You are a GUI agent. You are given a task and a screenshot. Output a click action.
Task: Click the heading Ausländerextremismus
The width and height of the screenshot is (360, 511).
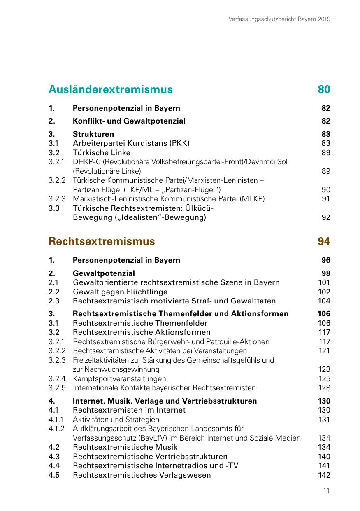click(110, 89)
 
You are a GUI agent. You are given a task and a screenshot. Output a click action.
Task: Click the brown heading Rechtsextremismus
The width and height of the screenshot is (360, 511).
click(102, 241)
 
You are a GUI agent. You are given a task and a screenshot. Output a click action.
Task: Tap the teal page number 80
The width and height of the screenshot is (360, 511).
click(324, 89)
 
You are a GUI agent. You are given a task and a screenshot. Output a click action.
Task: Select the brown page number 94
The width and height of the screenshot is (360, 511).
click(324, 241)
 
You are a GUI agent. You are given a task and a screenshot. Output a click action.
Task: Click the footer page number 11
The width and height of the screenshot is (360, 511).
click(326, 491)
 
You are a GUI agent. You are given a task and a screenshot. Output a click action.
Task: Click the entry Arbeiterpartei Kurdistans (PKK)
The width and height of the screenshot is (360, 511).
click(131, 143)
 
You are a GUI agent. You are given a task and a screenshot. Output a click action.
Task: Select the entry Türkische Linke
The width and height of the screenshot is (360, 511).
click(102, 153)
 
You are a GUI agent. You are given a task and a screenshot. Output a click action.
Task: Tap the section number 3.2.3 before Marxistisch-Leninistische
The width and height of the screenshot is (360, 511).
click(57, 199)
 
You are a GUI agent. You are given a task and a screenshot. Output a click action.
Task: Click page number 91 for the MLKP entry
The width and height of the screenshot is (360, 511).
click(326, 199)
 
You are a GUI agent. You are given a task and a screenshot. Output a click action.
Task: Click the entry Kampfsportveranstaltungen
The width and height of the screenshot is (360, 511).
click(119, 379)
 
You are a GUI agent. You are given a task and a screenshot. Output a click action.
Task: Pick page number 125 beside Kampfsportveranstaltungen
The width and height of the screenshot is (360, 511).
click(324, 379)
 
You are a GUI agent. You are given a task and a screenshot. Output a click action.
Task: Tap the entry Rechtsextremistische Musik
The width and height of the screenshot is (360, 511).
click(125, 447)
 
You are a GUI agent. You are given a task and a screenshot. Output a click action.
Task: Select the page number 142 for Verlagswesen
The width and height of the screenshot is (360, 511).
click(324, 475)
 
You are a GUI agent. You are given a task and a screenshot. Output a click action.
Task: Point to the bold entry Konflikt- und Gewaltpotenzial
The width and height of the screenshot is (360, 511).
click(129, 121)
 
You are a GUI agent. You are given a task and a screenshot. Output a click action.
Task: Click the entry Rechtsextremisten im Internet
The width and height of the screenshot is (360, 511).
click(129, 410)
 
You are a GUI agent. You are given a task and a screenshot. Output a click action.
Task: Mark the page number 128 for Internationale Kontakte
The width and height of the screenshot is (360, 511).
click(324, 388)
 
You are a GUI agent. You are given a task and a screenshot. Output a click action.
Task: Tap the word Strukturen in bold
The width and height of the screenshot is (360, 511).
click(93, 134)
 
